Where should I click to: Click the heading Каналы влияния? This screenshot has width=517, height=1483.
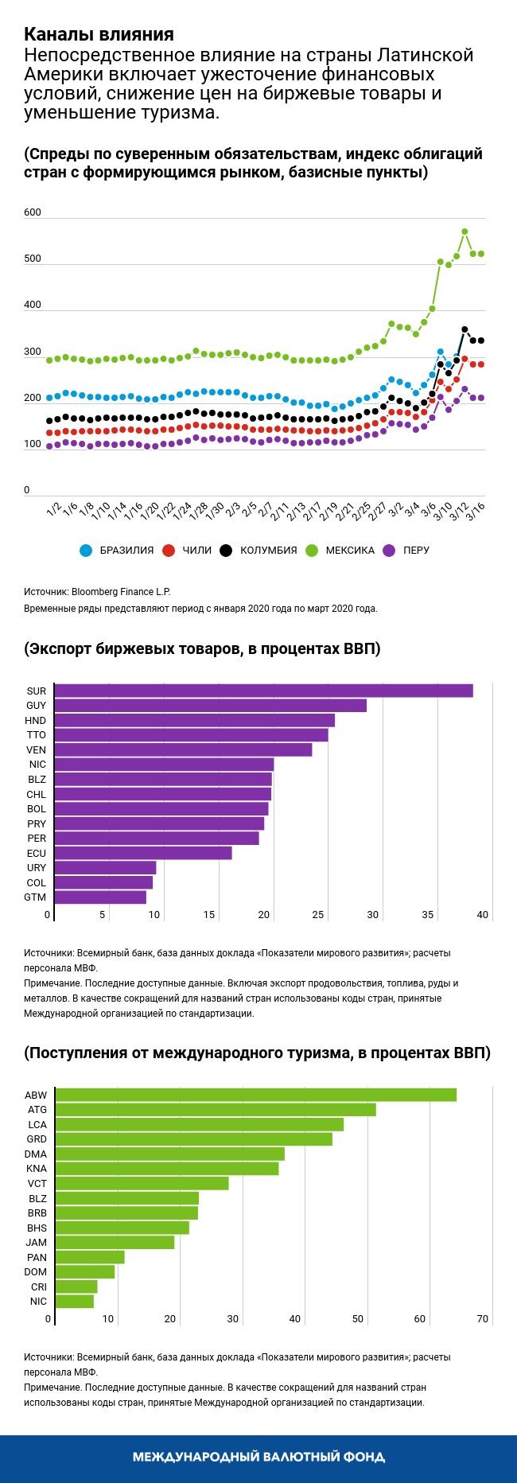click(x=99, y=34)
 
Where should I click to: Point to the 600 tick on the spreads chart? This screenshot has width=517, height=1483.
click(x=33, y=212)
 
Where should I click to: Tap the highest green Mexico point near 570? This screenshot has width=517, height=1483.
click(x=465, y=232)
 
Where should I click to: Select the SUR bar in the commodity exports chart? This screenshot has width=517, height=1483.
click(x=264, y=691)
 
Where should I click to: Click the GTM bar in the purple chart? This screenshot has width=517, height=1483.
click(x=101, y=897)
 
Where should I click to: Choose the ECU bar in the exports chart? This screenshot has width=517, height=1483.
click(x=144, y=853)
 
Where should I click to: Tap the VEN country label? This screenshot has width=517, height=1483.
click(x=37, y=749)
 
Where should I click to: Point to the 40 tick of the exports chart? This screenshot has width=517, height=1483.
click(x=482, y=915)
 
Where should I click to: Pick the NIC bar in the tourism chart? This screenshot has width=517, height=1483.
click(x=75, y=1302)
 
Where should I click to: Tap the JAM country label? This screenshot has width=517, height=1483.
click(x=37, y=1242)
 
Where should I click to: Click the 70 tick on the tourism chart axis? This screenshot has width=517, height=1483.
click(x=482, y=1319)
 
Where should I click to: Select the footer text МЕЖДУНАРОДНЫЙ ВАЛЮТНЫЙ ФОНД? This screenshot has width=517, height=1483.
click(x=258, y=1457)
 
